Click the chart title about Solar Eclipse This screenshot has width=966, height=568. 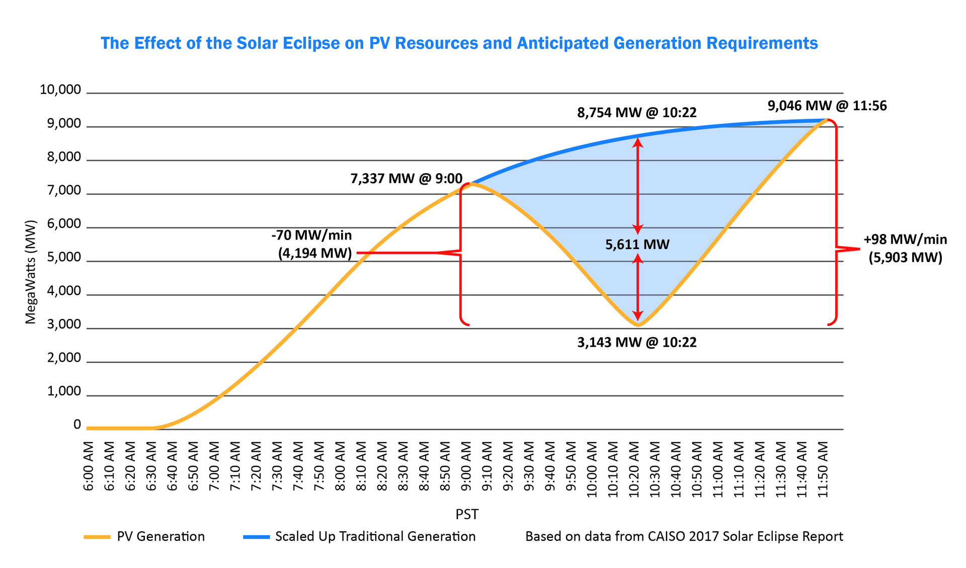pos(459,43)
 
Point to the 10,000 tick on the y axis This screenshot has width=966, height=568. pos(60,90)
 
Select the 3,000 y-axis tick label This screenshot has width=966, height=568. pos(64,325)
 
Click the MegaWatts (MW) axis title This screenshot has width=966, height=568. pos(31,272)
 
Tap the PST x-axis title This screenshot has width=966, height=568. pos(467,514)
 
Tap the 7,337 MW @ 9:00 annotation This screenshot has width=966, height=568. pos(406,179)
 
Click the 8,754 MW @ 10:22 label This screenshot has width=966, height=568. pos(637,113)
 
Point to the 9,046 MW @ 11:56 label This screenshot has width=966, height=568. pos(827,106)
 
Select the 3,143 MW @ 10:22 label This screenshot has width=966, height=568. pos(637,343)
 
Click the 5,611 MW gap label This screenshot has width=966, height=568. pos(637,245)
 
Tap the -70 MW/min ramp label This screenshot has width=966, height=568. pos(311,235)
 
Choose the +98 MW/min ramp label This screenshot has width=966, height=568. pos(905,239)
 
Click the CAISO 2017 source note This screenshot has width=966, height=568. pos(684,537)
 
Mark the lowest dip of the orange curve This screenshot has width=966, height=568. pos(638,325)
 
